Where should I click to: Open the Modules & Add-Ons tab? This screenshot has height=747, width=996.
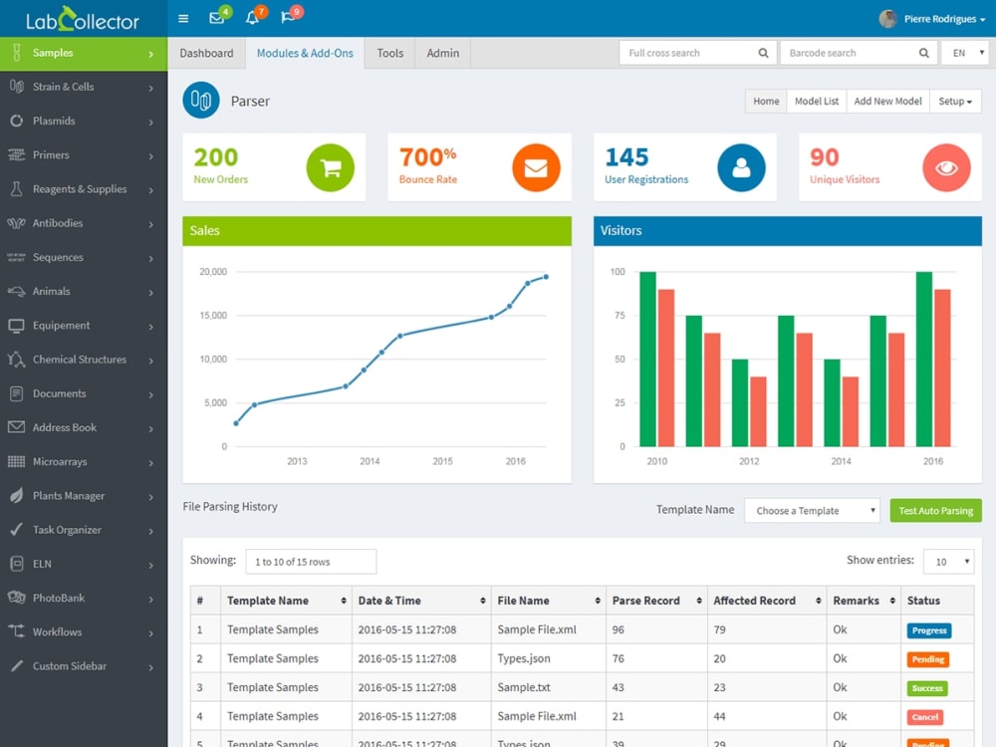[x=305, y=54]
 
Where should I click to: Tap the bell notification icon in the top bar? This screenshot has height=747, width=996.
[x=252, y=18]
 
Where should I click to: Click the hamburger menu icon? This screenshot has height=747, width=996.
[x=183, y=18]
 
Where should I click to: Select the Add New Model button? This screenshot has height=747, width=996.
[x=887, y=101]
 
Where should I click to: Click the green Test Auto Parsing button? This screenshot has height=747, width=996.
[x=935, y=511]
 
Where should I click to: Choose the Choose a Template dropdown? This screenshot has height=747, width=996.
[x=812, y=511]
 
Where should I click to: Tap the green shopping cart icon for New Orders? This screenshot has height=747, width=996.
[x=331, y=167]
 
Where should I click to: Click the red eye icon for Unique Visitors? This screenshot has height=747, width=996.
[x=946, y=167]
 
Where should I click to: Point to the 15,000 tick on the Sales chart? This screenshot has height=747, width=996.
[x=213, y=316]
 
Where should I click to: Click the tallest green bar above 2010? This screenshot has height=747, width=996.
[x=648, y=359]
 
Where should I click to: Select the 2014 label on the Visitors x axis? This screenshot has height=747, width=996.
[x=841, y=461]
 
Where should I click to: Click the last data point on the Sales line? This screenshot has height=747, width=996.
[x=546, y=277]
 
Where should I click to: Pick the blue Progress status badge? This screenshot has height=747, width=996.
[x=929, y=630]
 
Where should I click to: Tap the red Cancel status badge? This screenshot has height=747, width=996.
[x=925, y=717]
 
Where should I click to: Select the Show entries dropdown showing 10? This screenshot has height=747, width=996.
[x=948, y=562]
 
